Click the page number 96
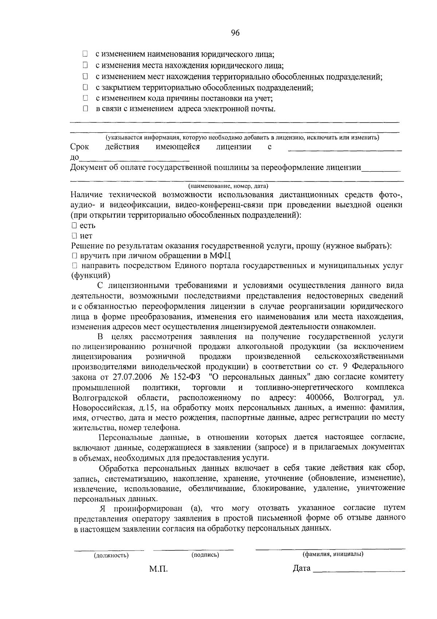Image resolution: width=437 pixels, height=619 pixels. (235, 33)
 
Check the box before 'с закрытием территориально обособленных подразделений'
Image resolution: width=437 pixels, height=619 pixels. (85, 87)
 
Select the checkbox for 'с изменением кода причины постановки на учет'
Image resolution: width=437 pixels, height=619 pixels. (85, 98)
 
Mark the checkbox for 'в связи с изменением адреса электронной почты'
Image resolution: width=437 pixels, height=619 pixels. (85, 109)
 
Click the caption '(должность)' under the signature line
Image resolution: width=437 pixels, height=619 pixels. (111, 556)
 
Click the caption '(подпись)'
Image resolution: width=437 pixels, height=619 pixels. (205, 555)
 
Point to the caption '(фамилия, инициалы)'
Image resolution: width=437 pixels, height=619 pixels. (333, 554)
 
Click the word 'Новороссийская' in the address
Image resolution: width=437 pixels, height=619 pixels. (100, 407)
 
